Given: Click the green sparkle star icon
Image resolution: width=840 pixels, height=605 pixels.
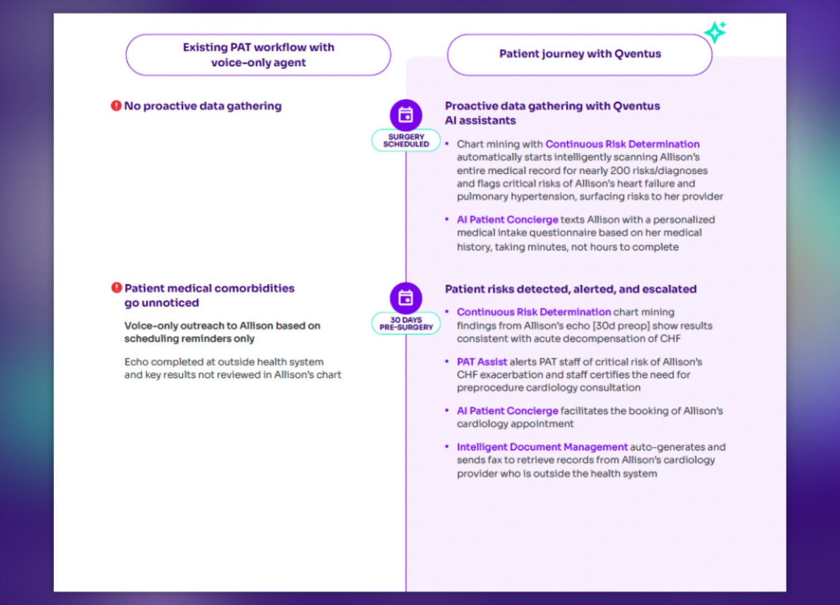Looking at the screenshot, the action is pyautogui.click(x=715, y=32).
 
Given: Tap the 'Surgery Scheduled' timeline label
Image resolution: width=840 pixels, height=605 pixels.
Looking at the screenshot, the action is pyautogui.click(x=406, y=140).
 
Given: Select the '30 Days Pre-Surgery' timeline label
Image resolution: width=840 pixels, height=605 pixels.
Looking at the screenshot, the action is pyautogui.click(x=406, y=323).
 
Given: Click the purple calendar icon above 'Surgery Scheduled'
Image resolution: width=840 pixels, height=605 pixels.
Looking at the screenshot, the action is pyautogui.click(x=406, y=115).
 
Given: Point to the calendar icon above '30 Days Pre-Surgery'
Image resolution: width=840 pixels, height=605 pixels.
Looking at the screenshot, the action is pyautogui.click(x=406, y=298).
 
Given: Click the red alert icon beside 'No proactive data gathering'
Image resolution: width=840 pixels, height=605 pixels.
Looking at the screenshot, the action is pyautogui.click(x=116, y=106).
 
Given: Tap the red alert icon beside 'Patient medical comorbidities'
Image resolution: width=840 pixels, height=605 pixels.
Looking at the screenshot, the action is pyautogui.click(x=116, y=288).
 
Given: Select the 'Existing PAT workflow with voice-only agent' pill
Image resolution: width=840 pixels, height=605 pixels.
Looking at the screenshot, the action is pyautogui.click(x=258, y=55).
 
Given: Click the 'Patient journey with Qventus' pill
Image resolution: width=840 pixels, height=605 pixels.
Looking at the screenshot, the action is pyautogui.click(x=580, y=55).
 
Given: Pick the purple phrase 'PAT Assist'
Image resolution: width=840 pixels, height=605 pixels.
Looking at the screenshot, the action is pyautogui.click(x=482, y=361).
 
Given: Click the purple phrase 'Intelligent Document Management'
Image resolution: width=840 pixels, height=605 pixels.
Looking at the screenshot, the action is pyautogui.click(x=542, y=446).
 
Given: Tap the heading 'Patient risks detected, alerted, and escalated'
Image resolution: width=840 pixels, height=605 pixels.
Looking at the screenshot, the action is pyautogui.click(x=571, y=289).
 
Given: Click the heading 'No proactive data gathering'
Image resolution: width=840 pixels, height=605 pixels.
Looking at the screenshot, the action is pyautogui.click(x=203, y=106).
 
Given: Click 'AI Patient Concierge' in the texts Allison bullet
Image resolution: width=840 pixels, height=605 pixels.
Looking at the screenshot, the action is pyautogui.click(x=508, y=220).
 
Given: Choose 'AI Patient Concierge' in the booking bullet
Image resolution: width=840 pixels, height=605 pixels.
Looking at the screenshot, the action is pyautogui.click(x=508, y=411).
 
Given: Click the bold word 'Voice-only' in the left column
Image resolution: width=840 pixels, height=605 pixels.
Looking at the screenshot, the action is pyautogui.click(x=151, y=325).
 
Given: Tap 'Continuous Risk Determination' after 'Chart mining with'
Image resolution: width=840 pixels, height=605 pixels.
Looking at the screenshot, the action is pyautogui.click(x=623, y=144).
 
